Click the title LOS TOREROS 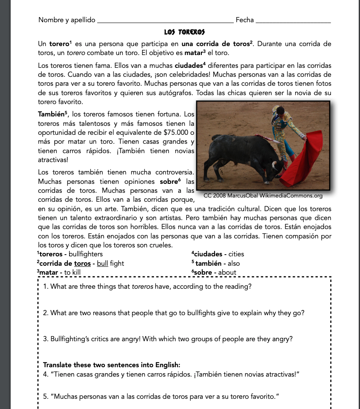click(184, 32)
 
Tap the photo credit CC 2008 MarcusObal click(263, 196)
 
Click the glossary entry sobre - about click(215, 272)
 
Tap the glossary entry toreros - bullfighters click(70, 254)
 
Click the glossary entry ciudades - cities click(218, 254)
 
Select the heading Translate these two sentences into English click(112, 365)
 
